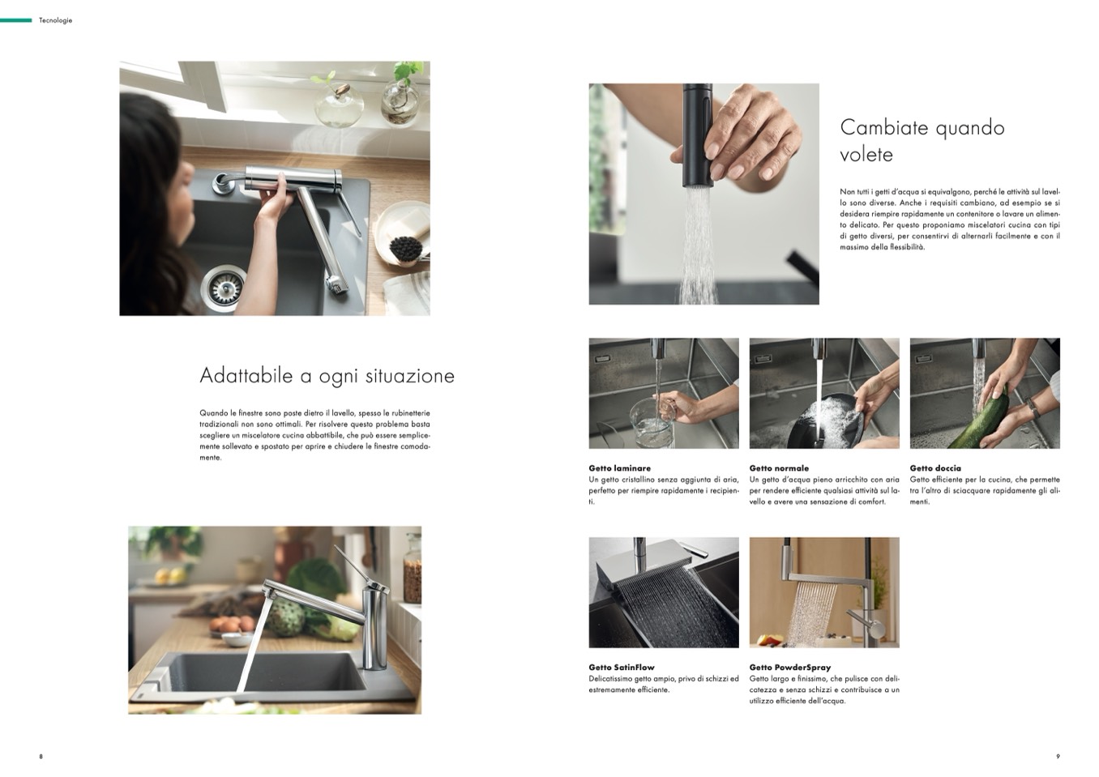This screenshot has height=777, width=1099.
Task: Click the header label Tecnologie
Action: (55, 20)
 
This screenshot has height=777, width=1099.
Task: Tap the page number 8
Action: (41, 757)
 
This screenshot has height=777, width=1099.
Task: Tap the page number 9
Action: (1058, 757)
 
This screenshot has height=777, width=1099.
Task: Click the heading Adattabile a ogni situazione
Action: (327, 376)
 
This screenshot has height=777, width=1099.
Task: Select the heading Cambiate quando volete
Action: (922, 141)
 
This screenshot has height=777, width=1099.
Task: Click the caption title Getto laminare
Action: (620, 468)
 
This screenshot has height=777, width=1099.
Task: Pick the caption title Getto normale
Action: (779, 468)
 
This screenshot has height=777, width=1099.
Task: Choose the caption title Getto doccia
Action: (935, 468)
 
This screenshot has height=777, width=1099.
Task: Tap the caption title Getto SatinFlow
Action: (622, 667)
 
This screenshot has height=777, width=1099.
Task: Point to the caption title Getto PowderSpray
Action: (790, 667)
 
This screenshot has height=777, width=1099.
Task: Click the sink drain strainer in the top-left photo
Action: (224, 287)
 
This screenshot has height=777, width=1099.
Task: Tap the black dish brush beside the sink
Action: (406, 250)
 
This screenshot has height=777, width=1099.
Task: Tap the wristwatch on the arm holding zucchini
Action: (1033, 408)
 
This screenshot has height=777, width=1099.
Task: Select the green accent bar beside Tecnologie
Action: (15, 20)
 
